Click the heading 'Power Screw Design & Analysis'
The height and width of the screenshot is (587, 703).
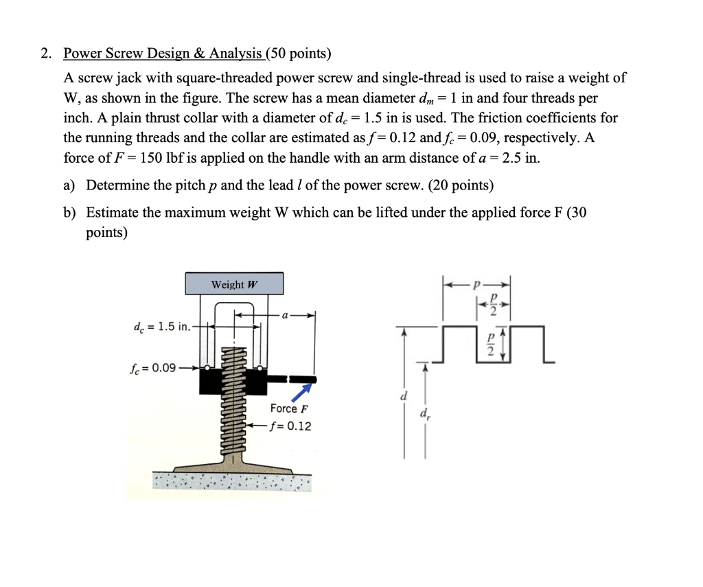click(x=163, y=54)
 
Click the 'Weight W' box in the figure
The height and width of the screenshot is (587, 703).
click(x=234, y=284)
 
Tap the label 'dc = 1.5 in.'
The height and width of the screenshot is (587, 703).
click(x=162, y=326)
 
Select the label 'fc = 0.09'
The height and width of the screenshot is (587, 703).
click(x=152, y=367)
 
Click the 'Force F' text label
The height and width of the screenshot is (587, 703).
click(x=289, y=409)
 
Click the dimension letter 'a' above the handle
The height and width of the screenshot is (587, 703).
click(x=284, y=314)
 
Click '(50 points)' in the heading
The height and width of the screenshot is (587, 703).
click(x=297, y=54)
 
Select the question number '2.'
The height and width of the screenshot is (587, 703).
click(x=46, y=54)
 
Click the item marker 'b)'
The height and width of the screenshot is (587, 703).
click(x=70, y=213)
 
